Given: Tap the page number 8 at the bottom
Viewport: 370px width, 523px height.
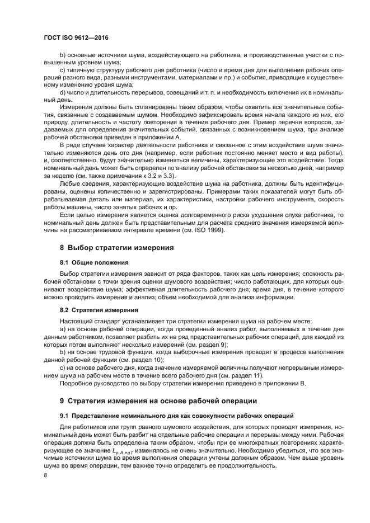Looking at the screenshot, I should (x=46, y=475).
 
